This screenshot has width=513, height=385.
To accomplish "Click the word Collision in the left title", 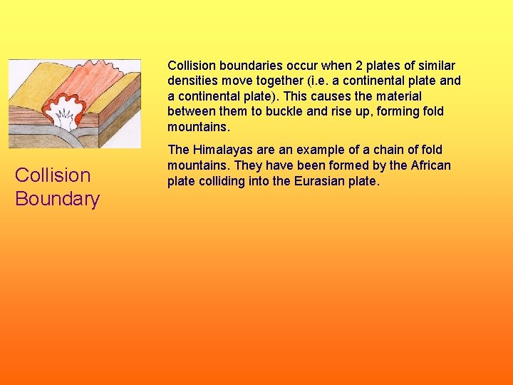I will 53,175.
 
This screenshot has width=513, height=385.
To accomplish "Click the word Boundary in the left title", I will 57,198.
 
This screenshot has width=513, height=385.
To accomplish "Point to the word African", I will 430,165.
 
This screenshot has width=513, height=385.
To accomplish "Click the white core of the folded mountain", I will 65,117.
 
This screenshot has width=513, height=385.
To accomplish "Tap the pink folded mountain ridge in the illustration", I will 85,78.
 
